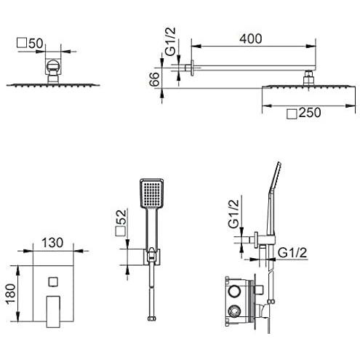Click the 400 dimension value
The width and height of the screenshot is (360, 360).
[x=251, y=39]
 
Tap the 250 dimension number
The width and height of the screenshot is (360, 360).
[x=310, y=113]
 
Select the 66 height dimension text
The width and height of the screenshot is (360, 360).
[x=154, y=79]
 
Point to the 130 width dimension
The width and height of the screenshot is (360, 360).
[x=52, y=243]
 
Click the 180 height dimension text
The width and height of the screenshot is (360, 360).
[x=11, y=294]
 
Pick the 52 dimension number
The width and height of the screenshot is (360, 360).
[x=121, y=217]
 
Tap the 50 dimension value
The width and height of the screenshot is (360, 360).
[x=36, y=44]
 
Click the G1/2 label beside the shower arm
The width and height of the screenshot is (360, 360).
[x=170, y=41]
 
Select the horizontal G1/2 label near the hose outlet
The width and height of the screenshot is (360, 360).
[x=292, y=253]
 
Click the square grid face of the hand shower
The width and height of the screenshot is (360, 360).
[x=152, y=193]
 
